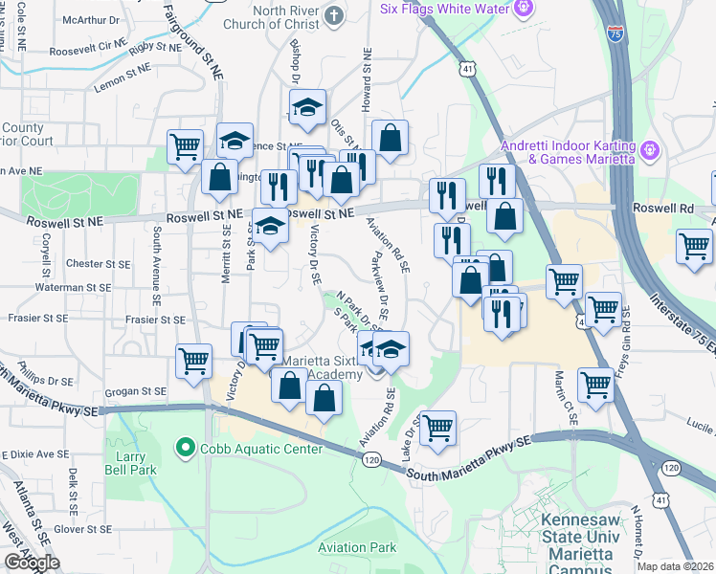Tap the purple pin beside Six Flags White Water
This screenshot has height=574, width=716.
(x=522, y=9)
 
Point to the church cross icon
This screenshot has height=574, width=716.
(x=334, y=15)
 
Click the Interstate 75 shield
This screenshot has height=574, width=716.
(x=614, y=33)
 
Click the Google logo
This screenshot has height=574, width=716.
(x=32, y=563)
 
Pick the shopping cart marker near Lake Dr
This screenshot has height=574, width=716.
(x=437, y=428)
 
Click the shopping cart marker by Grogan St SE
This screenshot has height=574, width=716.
(x=194, y=361)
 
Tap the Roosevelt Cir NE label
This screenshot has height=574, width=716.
(x=88, y=45)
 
